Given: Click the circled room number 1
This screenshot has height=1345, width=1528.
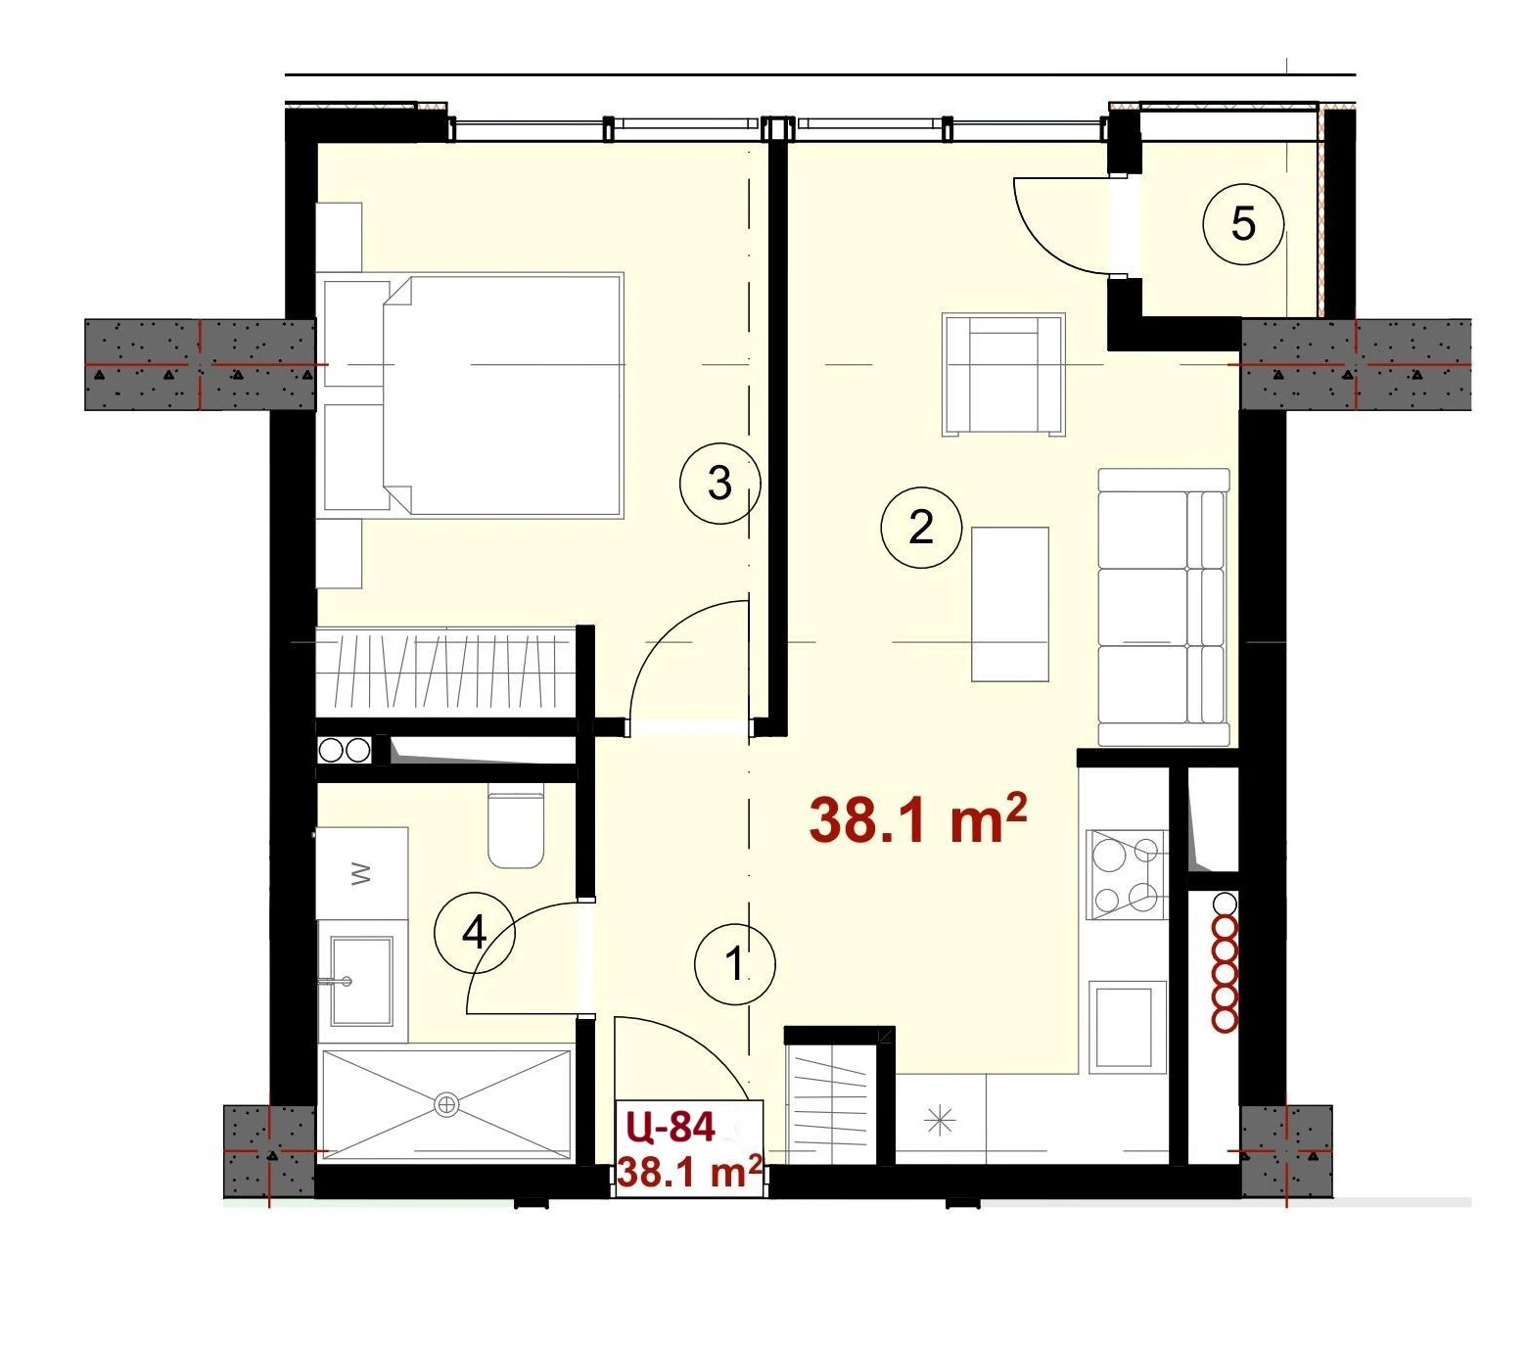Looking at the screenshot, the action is [x=735, y=964].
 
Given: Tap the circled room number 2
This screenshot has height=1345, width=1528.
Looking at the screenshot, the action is [x=921, y=528].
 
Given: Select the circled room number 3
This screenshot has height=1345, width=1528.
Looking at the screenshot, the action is [x=719, y=483].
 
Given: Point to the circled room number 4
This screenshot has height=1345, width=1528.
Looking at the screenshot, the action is [x=474, y=933].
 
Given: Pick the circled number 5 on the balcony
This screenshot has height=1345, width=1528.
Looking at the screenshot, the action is [x=1243, y=224].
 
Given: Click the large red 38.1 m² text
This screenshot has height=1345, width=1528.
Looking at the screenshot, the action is [x=918, y=820].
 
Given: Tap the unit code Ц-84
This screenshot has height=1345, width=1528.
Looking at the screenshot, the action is [x=671, y=1128].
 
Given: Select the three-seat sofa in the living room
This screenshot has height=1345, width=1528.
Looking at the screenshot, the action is [x=1164, y=607].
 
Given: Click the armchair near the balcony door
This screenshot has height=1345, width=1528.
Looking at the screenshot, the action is [x=1002, y=374].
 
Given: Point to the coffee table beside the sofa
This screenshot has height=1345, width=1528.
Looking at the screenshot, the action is [x=1010, y=604].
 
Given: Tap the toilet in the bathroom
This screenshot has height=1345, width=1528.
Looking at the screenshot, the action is [x=516, y=825].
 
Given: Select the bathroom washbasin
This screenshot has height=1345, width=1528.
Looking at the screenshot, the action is [x=362, y=980].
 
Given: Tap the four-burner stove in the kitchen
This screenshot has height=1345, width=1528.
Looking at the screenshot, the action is [x=1126, y=874].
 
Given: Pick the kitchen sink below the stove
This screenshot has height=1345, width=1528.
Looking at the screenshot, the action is [x=1125, y=1026].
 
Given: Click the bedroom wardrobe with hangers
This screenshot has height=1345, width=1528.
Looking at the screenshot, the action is [x=446, y=672].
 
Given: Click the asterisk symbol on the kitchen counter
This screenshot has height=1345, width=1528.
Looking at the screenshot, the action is [x=940, y=1119].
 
